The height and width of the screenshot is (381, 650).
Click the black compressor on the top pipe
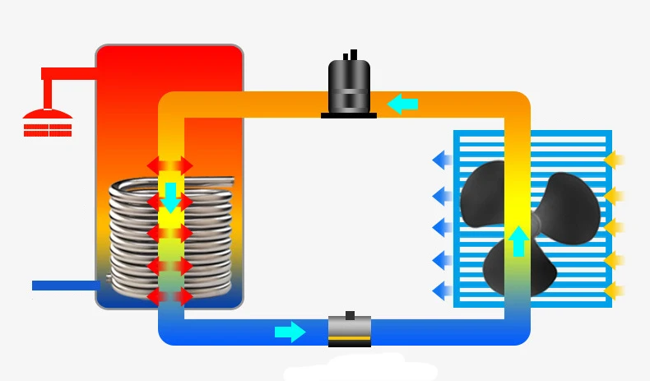[349, 86]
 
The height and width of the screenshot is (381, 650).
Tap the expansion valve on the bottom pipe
[349, 331]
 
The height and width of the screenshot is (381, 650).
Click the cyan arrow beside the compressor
[402, 104]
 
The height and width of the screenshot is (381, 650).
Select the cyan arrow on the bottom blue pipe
[290, 332]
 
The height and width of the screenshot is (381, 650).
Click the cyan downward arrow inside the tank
[170, 197]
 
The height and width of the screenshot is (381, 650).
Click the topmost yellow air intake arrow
[615, 158]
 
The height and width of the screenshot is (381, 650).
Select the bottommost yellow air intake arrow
[615, 290]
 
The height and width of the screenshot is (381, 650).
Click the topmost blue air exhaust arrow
[442, 158]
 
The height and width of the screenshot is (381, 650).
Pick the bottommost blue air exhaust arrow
[442, 290]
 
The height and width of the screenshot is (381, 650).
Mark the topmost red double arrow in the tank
[170, 165]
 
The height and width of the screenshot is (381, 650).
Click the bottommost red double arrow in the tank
[170, 296]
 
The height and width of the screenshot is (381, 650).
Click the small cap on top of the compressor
[352, 56]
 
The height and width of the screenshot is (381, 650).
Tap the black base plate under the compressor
[349, 115]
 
